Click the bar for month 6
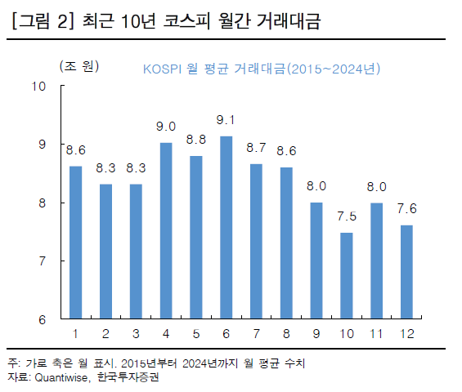227,227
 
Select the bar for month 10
346,275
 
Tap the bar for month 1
75,242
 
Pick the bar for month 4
166,230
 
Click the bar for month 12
406,272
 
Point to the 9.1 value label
227,120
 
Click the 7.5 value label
346,216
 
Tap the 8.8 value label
196,139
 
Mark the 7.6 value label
406,208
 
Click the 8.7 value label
256,148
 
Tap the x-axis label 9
316,334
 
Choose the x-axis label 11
376,334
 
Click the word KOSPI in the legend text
164,69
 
